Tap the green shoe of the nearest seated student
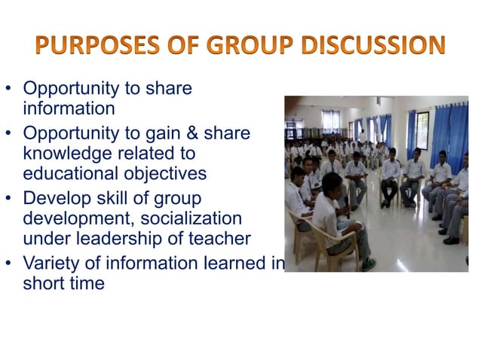pos(369,264)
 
